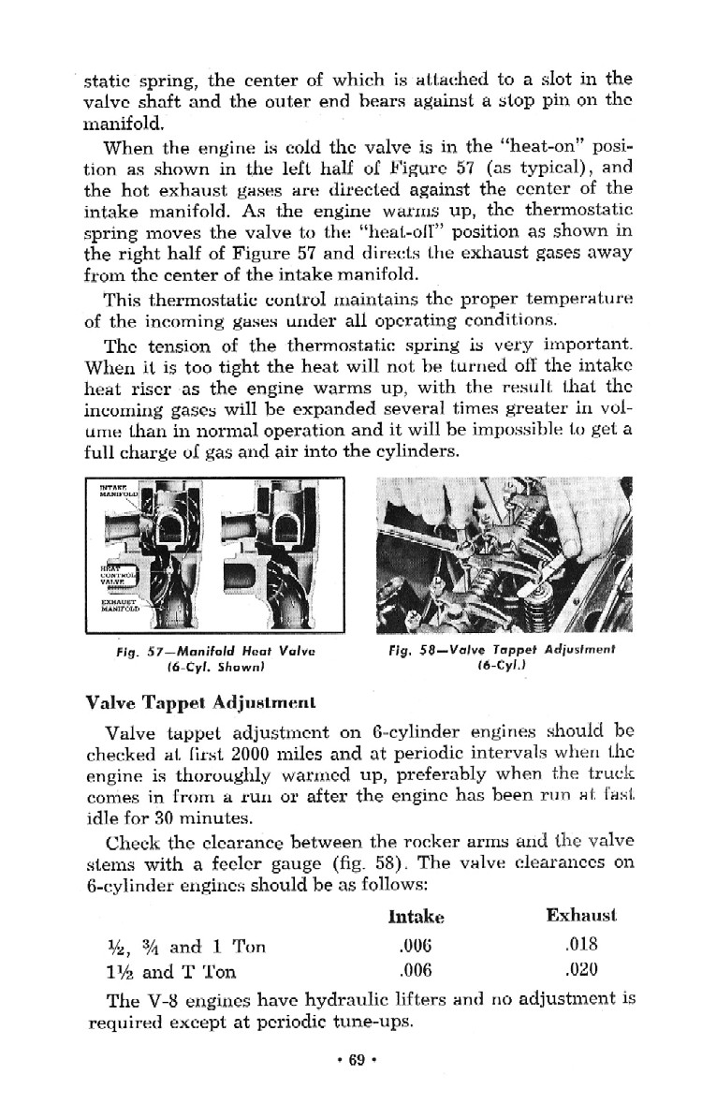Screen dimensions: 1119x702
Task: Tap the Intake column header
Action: (415, 916)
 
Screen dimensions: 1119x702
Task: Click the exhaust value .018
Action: (581, 945)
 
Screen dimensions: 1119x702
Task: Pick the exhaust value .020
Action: (581, 969)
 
